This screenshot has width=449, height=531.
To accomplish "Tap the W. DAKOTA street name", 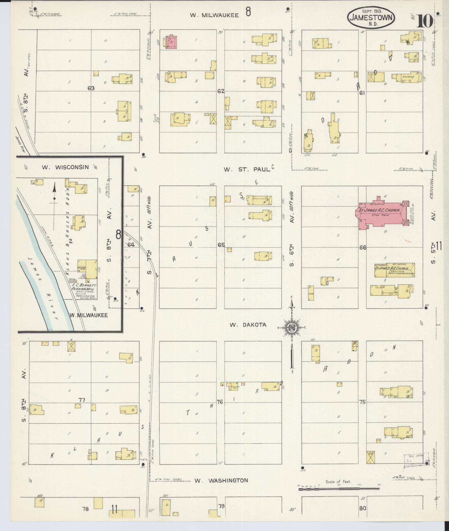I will pyautogui.click(x=248, y=325).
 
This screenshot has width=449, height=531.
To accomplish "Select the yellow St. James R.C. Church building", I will pyautogui.click(x=394, y=269).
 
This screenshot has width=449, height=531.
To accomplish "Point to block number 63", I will pyautogui.click(x=91, y=88).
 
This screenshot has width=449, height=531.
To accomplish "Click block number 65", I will pyautogui.click(x=221, y=245).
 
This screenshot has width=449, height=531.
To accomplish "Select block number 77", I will pyautogui.click(x=81, y=400).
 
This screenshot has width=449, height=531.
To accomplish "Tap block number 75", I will pyautogui.click(x=362, y=402).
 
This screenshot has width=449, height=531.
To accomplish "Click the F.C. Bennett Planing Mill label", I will pyautogui.click(x=82, y=288).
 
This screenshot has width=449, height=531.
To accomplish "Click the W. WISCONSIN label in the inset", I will pyautogui.click(x=65, y=167).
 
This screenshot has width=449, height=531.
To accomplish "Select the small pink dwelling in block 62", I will pyautogui.click(x=171, y=42).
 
